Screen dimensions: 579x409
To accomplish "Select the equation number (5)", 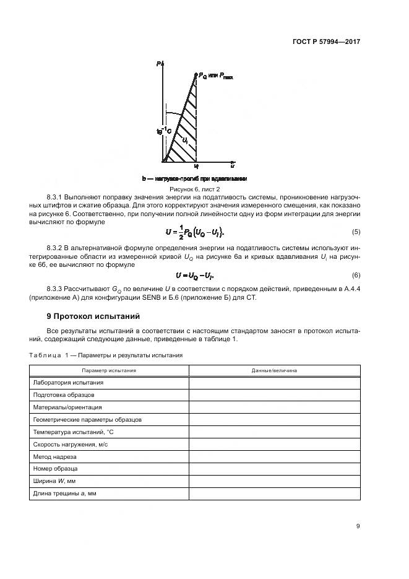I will click(x=356, y=232).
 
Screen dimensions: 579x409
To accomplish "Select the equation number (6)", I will click(x=356, y=275).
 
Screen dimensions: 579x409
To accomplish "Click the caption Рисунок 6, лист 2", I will click(x=194, y=188).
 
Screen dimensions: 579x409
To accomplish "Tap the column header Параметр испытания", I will click(x=109, y=370).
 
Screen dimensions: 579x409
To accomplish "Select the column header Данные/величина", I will click(x=273, y=370).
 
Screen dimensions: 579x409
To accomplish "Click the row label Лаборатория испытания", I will click(x=68, y=383).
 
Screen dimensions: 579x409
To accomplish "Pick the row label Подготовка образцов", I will click(x=64, y=395).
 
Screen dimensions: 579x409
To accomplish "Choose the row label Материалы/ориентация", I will click(x=67, y=407).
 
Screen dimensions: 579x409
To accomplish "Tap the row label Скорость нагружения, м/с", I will click(x=71, y=445).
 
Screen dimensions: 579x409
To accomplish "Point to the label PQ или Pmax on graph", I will click(x=216, y=76).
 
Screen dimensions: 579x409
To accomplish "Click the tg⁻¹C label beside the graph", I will click(x=163, y=131).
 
